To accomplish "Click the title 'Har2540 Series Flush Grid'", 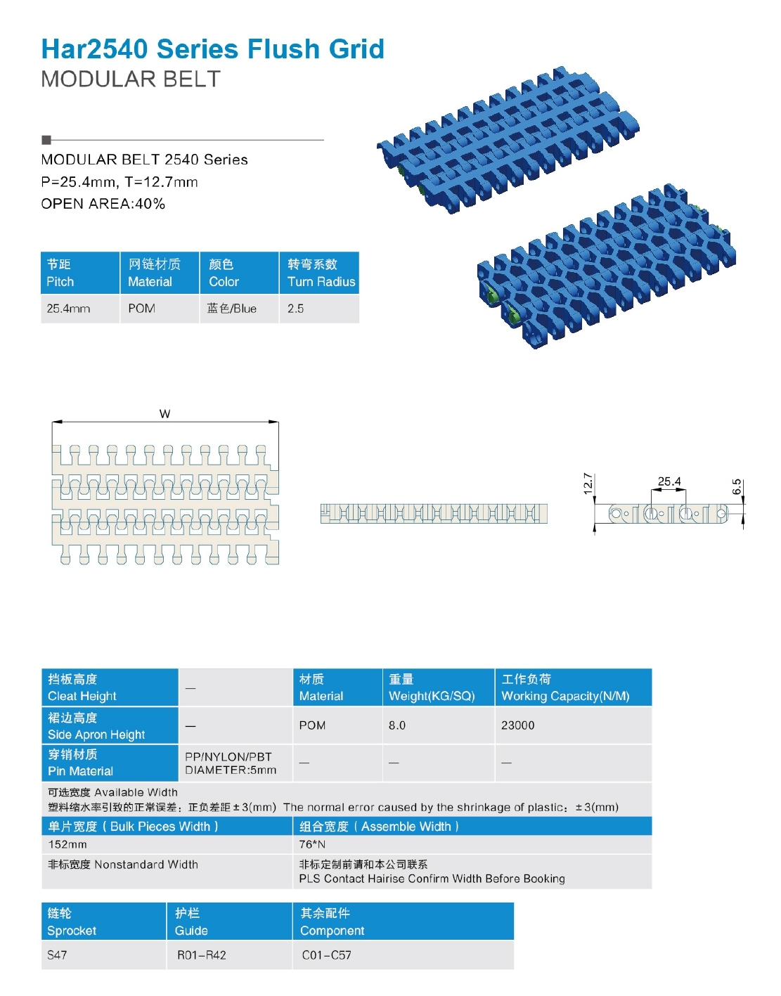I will (x=212, y=49).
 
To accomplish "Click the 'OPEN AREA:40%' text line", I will (x=103, y=204).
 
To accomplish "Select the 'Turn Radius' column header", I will (x=321, y=282).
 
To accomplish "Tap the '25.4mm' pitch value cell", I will (x=68, y=309).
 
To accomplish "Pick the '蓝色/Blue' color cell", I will (x=232, y=309).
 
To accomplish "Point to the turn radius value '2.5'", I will (x=295, y=309).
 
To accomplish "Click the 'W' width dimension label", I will (x=164, y=414).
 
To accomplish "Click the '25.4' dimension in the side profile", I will (x=669, y=481).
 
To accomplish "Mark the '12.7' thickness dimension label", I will (x=588, y=484).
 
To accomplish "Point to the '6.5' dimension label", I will (x=737, y=486).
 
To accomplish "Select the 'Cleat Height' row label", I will (x=82, y=696).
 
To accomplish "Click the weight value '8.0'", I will (x=397, y=725).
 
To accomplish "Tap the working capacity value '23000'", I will (x=517, y=725).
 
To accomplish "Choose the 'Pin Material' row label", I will (x=80, y=771).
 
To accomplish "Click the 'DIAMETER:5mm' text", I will (x=231, y=770).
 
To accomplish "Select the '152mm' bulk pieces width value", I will (x=67, y=844).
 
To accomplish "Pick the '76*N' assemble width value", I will (x=312, y=844).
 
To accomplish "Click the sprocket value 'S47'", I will (x=57, y=955).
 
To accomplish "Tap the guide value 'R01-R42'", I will (x=202, y=955).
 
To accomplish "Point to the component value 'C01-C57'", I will (x=326, y=955).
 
